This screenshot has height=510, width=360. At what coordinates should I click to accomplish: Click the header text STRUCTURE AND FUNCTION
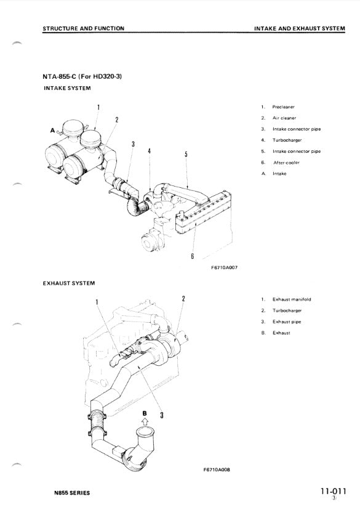pyautogui.click(x=83, y=28)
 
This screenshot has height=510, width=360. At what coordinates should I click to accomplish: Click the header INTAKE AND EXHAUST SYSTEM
pyautogui.click(x=300, y=28)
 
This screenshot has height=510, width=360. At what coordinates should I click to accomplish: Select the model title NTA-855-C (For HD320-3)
pyautogui.click(x=82, y=76)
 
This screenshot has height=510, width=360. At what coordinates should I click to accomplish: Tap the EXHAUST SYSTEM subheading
pyautogui.click(x=69, y=283)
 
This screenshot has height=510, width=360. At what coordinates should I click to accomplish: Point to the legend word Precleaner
pyautogui.click(x=283, y=107)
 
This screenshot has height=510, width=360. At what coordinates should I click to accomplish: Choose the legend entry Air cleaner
pyautogui.click(x=284, y=118)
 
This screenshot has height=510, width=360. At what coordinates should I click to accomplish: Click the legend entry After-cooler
pyautogui.click(x=286, y=163)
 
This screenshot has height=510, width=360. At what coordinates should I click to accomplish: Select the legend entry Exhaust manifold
pyautogui.click(x=292, y=299)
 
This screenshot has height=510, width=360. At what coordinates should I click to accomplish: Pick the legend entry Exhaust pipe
pyautogui.click(x=287, y=322)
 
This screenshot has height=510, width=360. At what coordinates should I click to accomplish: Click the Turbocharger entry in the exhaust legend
pyautogui.click(x=287, y=310)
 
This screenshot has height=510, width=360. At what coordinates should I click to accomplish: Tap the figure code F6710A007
pyautogui.click(x=224, y=268)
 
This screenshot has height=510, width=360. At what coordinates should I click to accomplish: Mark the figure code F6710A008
pyautogui.click(x=217, y=470)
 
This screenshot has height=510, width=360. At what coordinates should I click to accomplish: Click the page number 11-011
pyautogui.click(x=333, y=491)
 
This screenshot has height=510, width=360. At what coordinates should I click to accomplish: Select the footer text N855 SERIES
pyautogui.click(x=72, y=493)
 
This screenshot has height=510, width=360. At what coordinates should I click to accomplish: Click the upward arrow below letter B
pyautogui.click(x=145, y=421)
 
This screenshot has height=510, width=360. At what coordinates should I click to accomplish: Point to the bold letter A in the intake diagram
pyautogui.click(x=53, y=131)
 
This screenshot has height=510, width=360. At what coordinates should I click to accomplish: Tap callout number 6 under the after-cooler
pyautogui.click(x=193, y=256)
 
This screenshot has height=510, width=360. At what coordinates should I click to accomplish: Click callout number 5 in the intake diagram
pyautogui.click(x=186, y=154)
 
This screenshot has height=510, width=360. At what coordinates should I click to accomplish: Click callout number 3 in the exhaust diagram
pyautogui.click(x=162, y=415)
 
